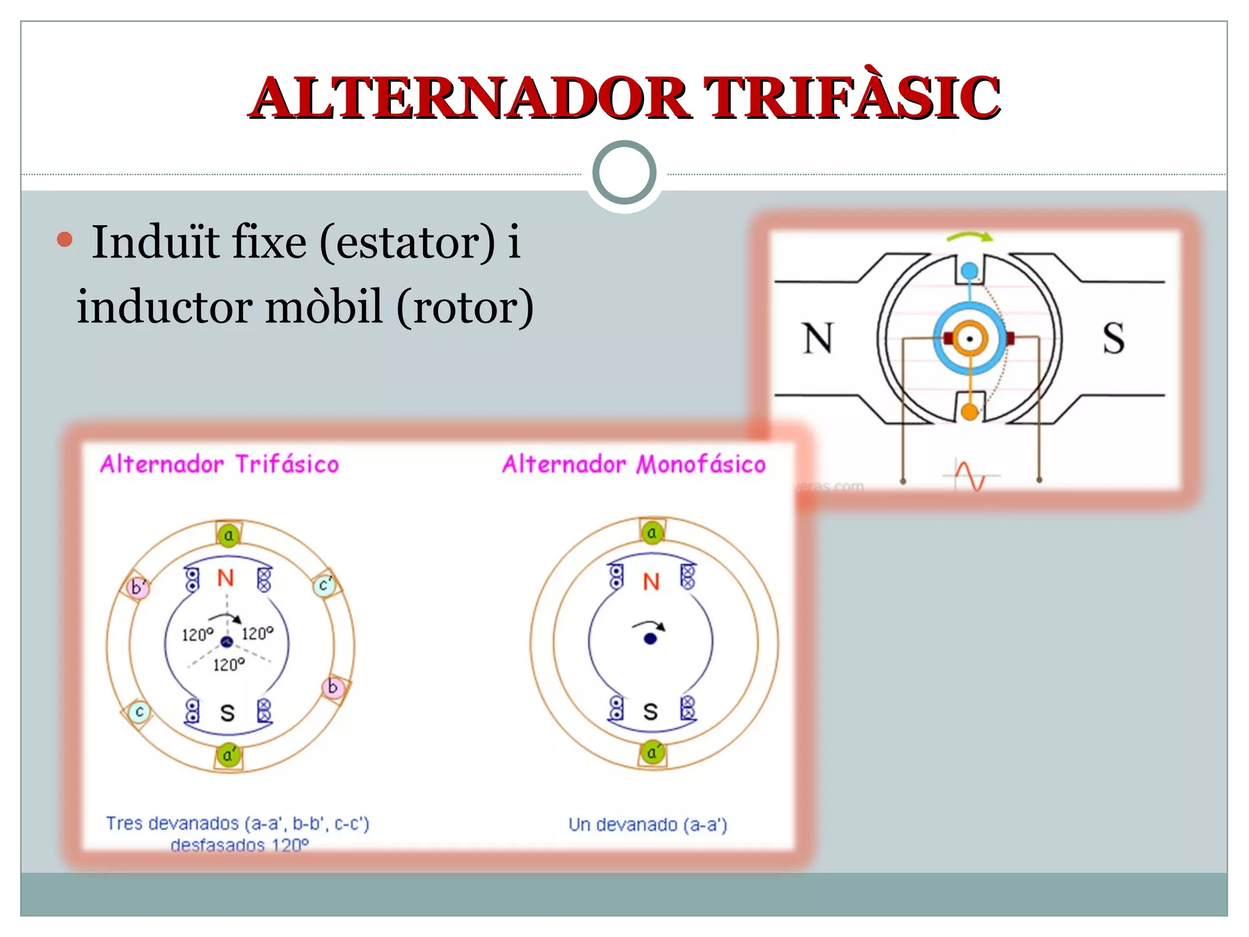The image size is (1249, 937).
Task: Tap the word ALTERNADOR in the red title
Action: pos(470,98)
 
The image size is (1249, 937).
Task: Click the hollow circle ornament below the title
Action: pos(624,173)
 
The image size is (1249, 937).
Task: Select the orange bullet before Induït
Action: pos(65,240)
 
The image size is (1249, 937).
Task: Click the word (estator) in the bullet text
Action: pos(407,242)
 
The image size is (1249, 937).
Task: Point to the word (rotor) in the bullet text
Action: pos(465,307)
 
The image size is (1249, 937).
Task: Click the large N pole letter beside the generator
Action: pos(817,338)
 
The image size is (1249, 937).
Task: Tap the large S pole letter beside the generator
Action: pos(1113,338)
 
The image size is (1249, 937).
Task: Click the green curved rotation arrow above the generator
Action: pos(970,237)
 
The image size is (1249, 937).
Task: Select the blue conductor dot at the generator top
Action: pos(969,270)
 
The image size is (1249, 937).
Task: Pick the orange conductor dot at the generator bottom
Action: pos(969,412)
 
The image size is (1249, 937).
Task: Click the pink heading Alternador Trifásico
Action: pos(220,465)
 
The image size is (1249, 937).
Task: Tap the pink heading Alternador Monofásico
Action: pos(634,465)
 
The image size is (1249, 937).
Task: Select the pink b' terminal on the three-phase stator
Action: pos(138,587)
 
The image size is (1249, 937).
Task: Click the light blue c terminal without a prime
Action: pos(140,711)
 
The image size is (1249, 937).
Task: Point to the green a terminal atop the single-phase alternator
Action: pos(652,533)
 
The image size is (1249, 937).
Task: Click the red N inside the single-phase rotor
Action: pos(651,581)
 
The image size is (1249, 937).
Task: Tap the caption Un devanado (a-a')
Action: pos(648,825)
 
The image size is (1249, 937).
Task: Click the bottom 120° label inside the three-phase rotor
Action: pos(229,664)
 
